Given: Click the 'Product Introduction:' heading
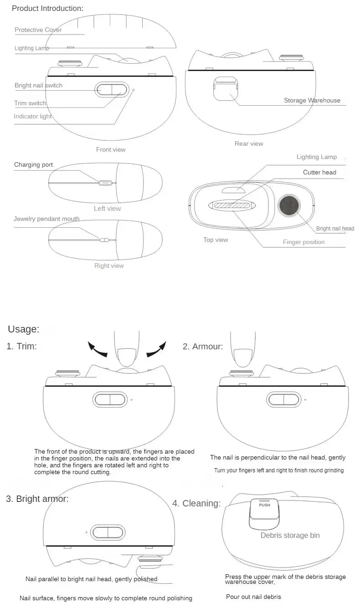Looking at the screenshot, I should coord(47,8).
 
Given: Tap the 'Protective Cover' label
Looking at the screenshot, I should coord(38,30).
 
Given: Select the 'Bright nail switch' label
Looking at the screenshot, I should coord(38,85).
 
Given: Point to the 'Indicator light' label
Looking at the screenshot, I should coord(32,117).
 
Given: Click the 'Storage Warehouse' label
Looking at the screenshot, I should coord(312,100).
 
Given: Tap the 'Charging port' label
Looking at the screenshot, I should coord(33,165).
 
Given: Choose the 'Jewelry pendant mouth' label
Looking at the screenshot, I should coord(46,219).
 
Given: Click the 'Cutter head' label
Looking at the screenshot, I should coord(319,172).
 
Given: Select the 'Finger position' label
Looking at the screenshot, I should coord(303,242).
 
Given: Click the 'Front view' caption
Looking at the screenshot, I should coord(111,149).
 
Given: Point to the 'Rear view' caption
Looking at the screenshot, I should coord(249,143).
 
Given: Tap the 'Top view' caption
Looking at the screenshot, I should coord(216,240).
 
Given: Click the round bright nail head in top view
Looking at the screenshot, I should coord(289,205).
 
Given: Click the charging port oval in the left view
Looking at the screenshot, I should coord(105,183).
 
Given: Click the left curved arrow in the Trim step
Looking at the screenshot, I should coord(98,349).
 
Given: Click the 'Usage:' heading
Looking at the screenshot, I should coord(23,329).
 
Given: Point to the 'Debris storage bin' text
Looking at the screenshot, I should coord(290,535).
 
